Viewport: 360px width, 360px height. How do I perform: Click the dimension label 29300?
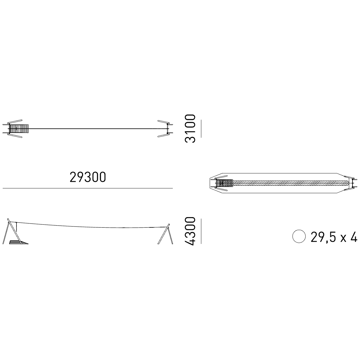pos(88,177)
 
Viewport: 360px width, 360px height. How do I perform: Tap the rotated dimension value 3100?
pos(190,128)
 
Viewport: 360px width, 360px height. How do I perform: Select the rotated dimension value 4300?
pos(190,231)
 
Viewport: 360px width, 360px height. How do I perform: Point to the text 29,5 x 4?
pos(334,237)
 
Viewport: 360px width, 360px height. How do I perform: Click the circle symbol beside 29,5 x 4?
pos(299,236)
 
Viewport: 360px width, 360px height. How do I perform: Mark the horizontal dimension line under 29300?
pos(88,188)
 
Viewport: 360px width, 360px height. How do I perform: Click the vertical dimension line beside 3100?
pos(201,128)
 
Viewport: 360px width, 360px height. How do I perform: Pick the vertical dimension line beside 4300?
pos(201,231)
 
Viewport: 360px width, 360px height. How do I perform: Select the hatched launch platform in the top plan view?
pos(19,129)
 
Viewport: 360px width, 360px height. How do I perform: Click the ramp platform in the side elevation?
pos(19,242)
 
